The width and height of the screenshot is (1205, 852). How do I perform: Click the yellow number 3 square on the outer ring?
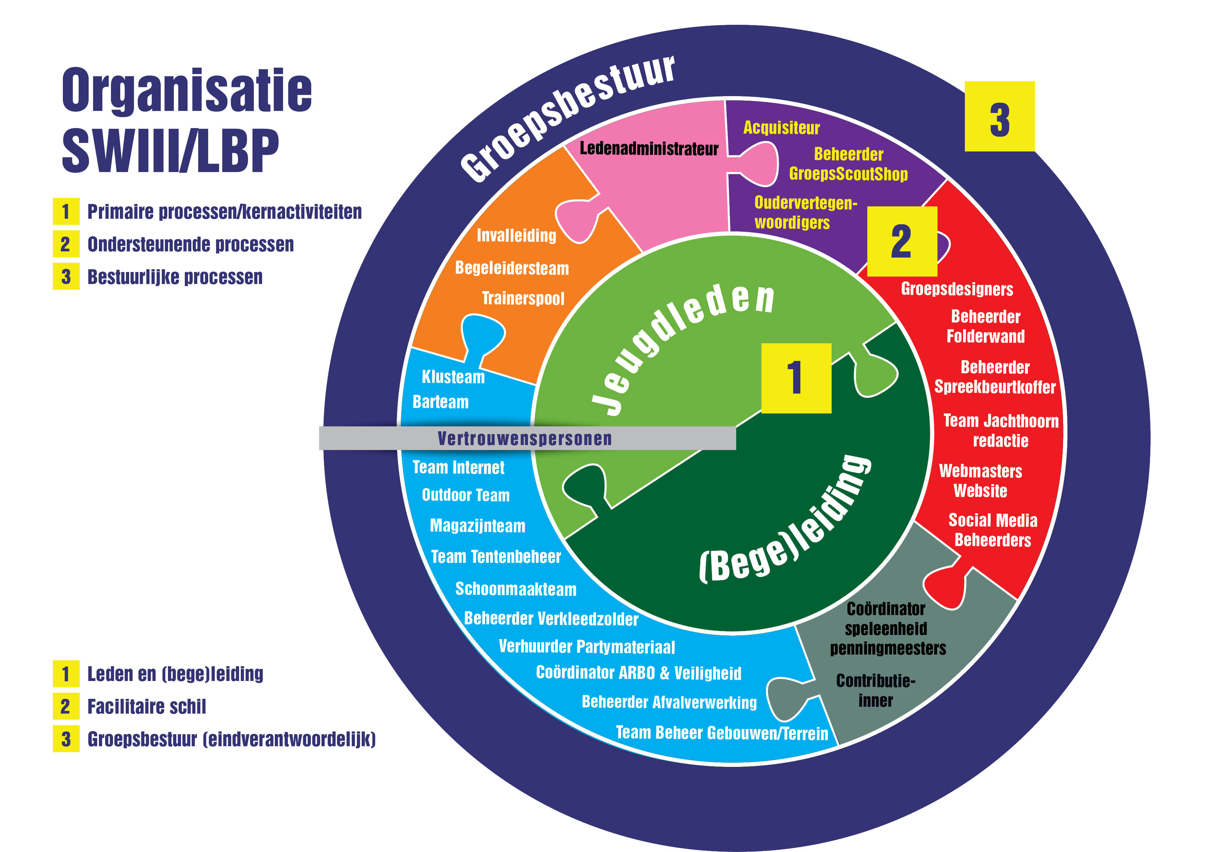pos(999,116)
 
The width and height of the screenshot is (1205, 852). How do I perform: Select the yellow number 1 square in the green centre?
pos(796,378)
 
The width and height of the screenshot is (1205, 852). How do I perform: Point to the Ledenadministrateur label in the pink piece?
pos(649,149)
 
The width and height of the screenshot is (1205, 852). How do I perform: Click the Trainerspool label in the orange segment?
pos(523,298)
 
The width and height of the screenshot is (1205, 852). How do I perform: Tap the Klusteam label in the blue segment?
pos(453,377)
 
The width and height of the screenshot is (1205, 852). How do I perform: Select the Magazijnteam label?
pos(477,526)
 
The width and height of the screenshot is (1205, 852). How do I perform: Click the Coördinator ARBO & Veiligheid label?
pos(638,673)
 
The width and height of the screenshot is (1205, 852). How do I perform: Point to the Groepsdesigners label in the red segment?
pos(957,289)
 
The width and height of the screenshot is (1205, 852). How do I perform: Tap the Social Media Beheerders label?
pos(992,530)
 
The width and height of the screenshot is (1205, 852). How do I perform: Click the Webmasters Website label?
pos(980,480)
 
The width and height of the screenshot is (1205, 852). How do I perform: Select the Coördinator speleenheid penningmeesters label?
pos(887,628)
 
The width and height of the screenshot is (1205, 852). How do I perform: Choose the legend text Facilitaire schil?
pos(146,707)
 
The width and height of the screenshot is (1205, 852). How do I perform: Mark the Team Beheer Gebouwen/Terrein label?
pos(722,732)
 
